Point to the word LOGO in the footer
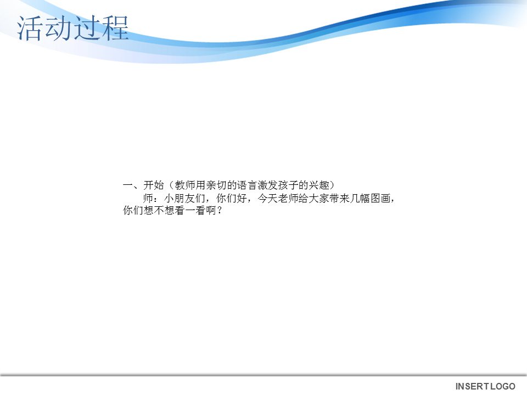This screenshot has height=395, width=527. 503,387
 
